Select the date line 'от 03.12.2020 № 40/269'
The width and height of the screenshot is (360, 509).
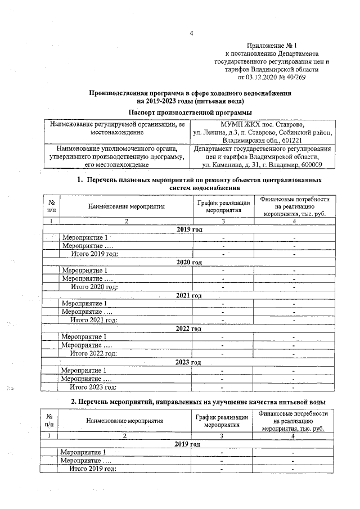click(272, 77)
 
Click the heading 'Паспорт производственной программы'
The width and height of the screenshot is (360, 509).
click(190, 113)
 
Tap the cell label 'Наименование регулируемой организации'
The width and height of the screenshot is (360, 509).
click(118, 124)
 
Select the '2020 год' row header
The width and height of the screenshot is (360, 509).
click(190, 263)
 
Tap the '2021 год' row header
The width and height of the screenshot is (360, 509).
click(190, 296)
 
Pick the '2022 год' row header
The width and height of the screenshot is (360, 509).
click(190, 329)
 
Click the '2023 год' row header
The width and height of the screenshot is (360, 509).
click(190, 362)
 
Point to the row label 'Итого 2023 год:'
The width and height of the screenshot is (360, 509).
click(93, 387)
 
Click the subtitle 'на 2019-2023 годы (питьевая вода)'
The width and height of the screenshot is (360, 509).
click(190, 102)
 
